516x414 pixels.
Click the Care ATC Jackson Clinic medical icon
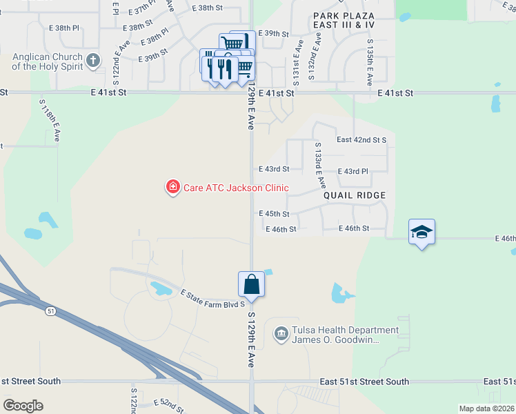(x=172, y=187)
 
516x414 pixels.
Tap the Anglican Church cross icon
(x=93, y=61)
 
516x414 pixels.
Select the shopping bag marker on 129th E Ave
(x=251, y=284)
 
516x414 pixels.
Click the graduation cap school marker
(x=421, y=233)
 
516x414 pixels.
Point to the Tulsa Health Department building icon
(x=281, y=335)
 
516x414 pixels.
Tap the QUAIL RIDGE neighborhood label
(x=355, y=195)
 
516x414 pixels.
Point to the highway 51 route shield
(x=51, y=311)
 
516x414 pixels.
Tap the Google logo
(x=23, y=406)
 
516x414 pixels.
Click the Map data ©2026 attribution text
(x=486, y=408)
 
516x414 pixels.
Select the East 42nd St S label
(x=361, y=140)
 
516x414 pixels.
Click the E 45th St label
(x=274, y=215)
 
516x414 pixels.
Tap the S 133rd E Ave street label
(x=320, y=166)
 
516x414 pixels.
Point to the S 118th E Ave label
(x=50, y=121)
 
